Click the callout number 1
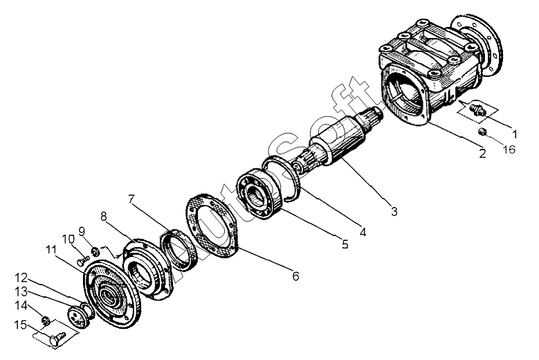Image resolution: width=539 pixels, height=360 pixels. point(514,129)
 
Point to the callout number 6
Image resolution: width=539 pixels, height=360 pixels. point(295,276)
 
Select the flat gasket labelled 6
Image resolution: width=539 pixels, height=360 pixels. point(211,224)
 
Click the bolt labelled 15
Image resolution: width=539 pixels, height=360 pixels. point(57,339)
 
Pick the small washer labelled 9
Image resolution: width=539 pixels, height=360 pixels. point(95,249)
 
